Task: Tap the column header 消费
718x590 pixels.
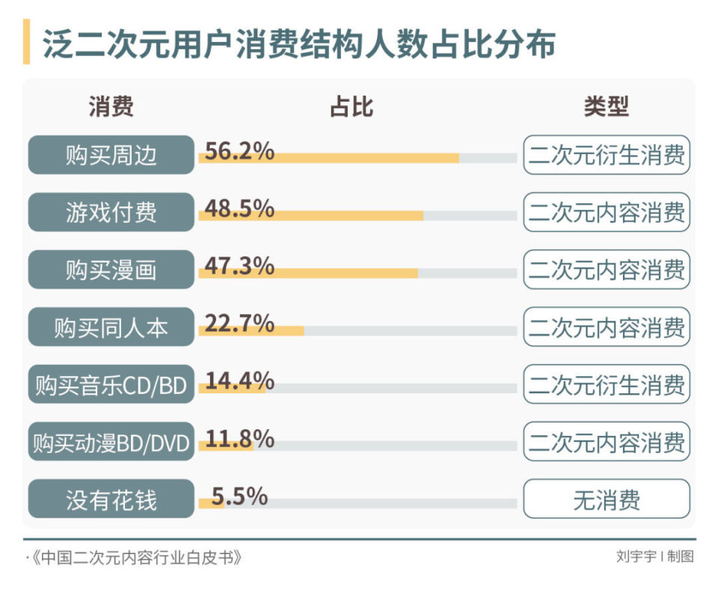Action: click(111, 107)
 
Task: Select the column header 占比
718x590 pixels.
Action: click(351, 107)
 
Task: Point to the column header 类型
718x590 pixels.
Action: click(606, 107)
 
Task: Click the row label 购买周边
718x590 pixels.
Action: click(111, 155)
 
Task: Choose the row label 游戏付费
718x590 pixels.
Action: click(111, 212)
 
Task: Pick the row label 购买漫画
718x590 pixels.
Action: click(111, 269)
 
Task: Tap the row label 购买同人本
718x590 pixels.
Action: click(111, 327)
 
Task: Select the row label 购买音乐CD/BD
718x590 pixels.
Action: click(111, 384)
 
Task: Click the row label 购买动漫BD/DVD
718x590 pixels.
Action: click(111, 442)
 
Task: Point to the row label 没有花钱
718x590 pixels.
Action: click(111, 500)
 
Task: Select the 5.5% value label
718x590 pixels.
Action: click(239, 495)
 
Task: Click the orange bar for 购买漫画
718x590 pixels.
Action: click(308, 274)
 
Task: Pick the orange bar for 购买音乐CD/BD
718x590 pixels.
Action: click(232, 389)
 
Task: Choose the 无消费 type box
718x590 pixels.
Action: click(606, 500)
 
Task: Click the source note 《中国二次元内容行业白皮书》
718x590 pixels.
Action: click(135, 557)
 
